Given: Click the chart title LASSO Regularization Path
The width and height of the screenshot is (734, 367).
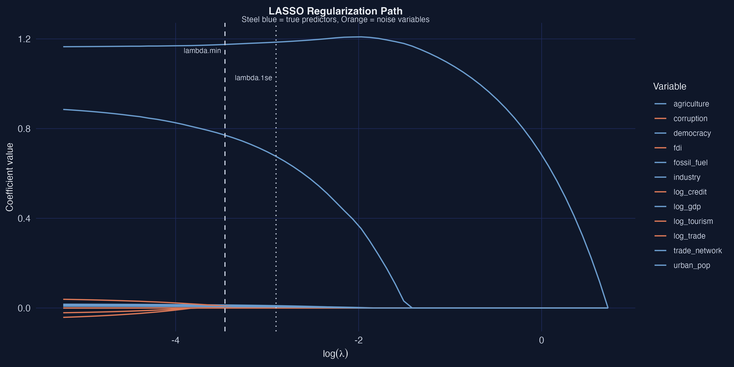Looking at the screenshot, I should pos(335,11).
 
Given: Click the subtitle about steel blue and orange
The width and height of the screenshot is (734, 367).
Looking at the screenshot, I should pos(335,20).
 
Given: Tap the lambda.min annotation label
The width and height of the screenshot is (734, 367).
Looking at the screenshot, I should pos(202,51).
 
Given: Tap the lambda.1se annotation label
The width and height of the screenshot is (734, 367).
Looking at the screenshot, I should pos(253,78).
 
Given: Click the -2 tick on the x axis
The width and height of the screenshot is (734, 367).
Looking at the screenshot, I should pos(358,340).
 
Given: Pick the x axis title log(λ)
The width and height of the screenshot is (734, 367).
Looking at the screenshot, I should pos(335,354).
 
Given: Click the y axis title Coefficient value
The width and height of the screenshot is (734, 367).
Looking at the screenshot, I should pos(9,177).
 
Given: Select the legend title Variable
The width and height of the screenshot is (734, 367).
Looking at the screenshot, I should pos(669,86).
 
